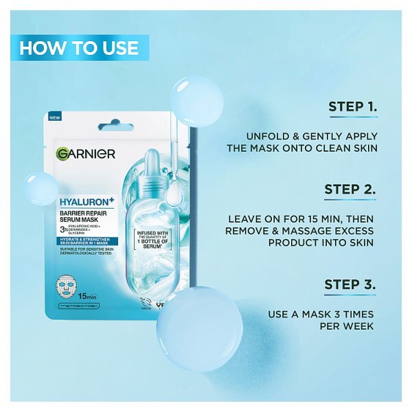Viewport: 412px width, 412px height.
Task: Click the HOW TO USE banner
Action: coord(79,48)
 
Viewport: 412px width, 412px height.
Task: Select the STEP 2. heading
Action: coord(352,190)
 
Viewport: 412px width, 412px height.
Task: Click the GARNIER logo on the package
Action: coord(86,153)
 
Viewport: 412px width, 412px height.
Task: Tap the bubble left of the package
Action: coord(41,188)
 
